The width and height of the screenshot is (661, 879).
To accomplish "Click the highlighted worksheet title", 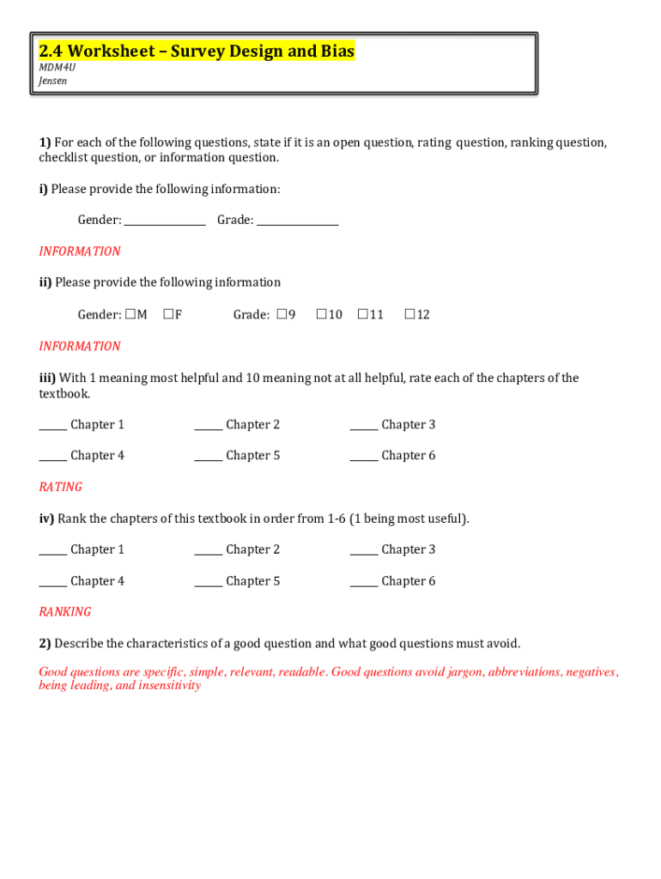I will click(197, 52).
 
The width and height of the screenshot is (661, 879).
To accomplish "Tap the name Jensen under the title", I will click(52, 81).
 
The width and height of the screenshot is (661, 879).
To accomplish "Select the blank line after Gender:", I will click(165, 222).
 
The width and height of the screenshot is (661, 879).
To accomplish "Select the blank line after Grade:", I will click(297, 222).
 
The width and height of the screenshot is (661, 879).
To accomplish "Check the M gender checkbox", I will click(130, 314).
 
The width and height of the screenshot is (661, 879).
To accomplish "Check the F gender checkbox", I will click(168, 314).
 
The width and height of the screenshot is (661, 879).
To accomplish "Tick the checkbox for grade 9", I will click(281, 314).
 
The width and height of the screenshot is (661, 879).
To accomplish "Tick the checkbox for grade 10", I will click(321, 314).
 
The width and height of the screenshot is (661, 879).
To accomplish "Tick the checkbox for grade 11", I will click(362, 314).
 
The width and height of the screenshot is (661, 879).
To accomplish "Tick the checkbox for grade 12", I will click(409, 314).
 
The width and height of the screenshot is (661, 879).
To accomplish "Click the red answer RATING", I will click(60, 487).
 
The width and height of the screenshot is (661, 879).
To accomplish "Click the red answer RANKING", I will click(64, 612).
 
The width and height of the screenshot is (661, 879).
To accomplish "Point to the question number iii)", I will click(47, 378).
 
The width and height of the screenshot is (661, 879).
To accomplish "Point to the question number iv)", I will click(46, 518).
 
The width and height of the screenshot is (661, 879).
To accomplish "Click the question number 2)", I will click(45, 644).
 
